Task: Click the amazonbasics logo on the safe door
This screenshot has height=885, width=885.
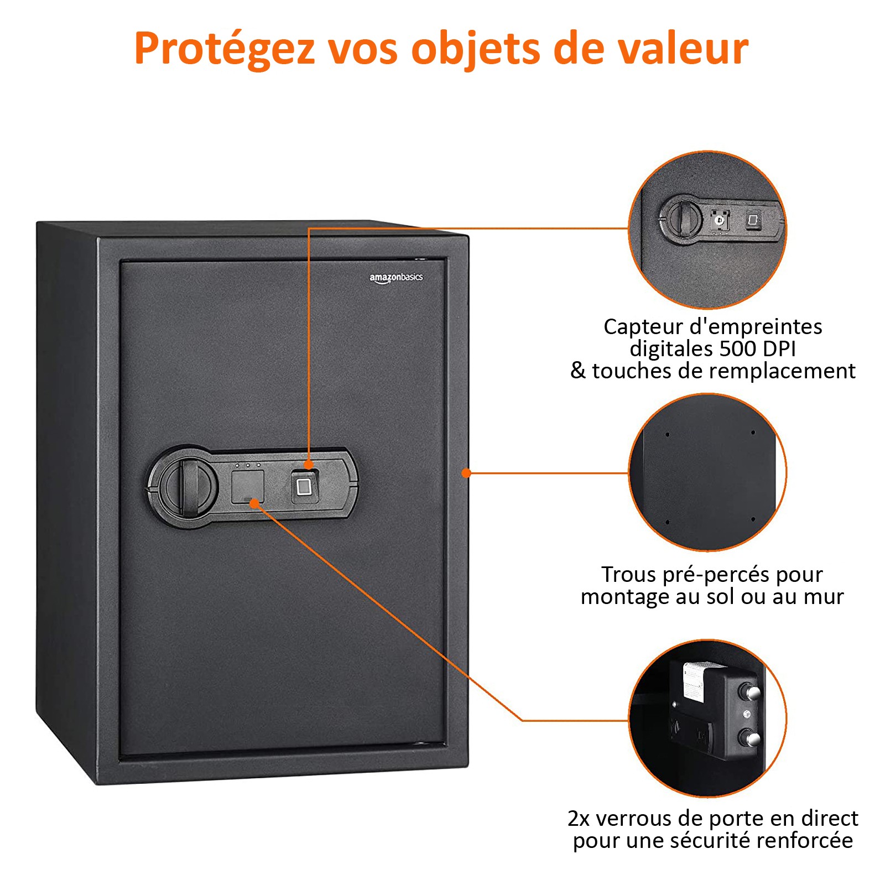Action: pos(396,278)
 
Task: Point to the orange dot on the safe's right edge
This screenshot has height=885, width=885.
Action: pos(466,473)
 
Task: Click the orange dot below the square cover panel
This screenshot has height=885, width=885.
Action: pos(254,503)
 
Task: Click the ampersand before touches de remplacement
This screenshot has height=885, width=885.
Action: pos(578,370)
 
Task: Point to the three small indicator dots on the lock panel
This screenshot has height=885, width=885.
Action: pos(247,465)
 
